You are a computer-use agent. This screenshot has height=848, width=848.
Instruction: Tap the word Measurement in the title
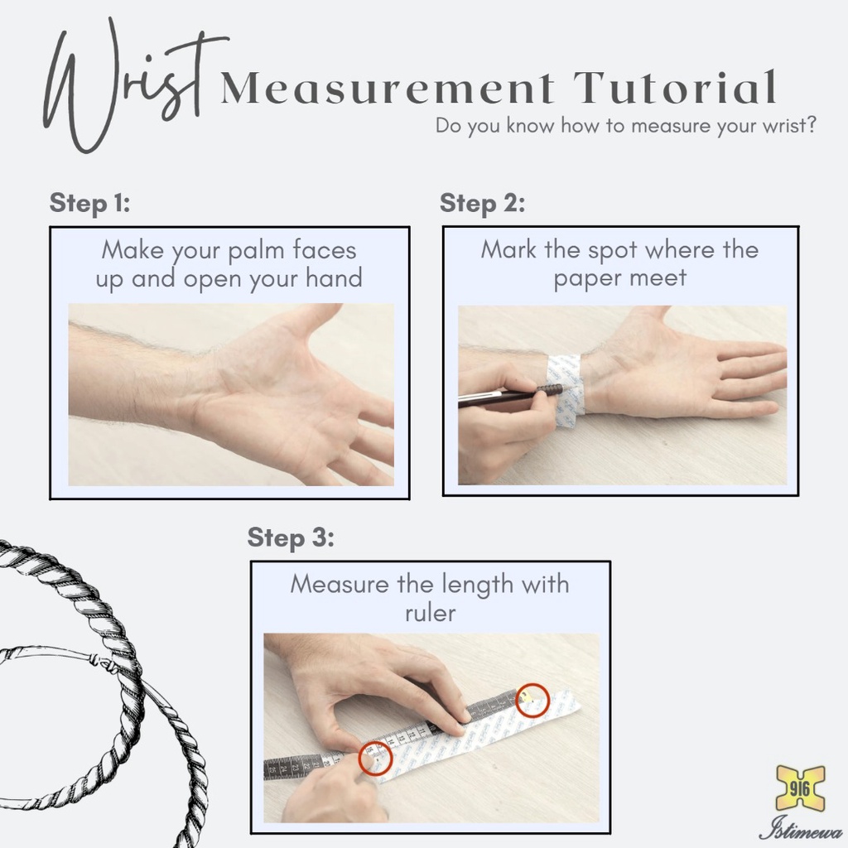click(388, 88)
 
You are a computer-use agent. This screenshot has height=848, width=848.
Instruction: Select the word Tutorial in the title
click(675, 86)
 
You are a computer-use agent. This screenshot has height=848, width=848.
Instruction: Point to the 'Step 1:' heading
click(89, 204)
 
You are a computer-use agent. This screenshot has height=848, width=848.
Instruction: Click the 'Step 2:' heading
click(483, 204)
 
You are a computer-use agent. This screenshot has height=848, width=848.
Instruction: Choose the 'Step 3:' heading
click(291, 537)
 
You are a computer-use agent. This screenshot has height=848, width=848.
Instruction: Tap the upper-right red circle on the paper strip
click(532, 701)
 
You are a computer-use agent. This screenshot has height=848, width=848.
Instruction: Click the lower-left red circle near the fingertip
click(375, 758)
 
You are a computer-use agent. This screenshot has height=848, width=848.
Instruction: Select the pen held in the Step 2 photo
click(508, 396)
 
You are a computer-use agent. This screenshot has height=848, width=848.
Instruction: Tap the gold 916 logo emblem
click(800, 789)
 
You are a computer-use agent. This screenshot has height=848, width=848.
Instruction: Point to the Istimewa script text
click(802, 828)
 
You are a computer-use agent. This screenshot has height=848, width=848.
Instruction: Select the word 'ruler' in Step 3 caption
click(431, 614)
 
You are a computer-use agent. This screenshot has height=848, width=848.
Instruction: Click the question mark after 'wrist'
click(810, 126)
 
